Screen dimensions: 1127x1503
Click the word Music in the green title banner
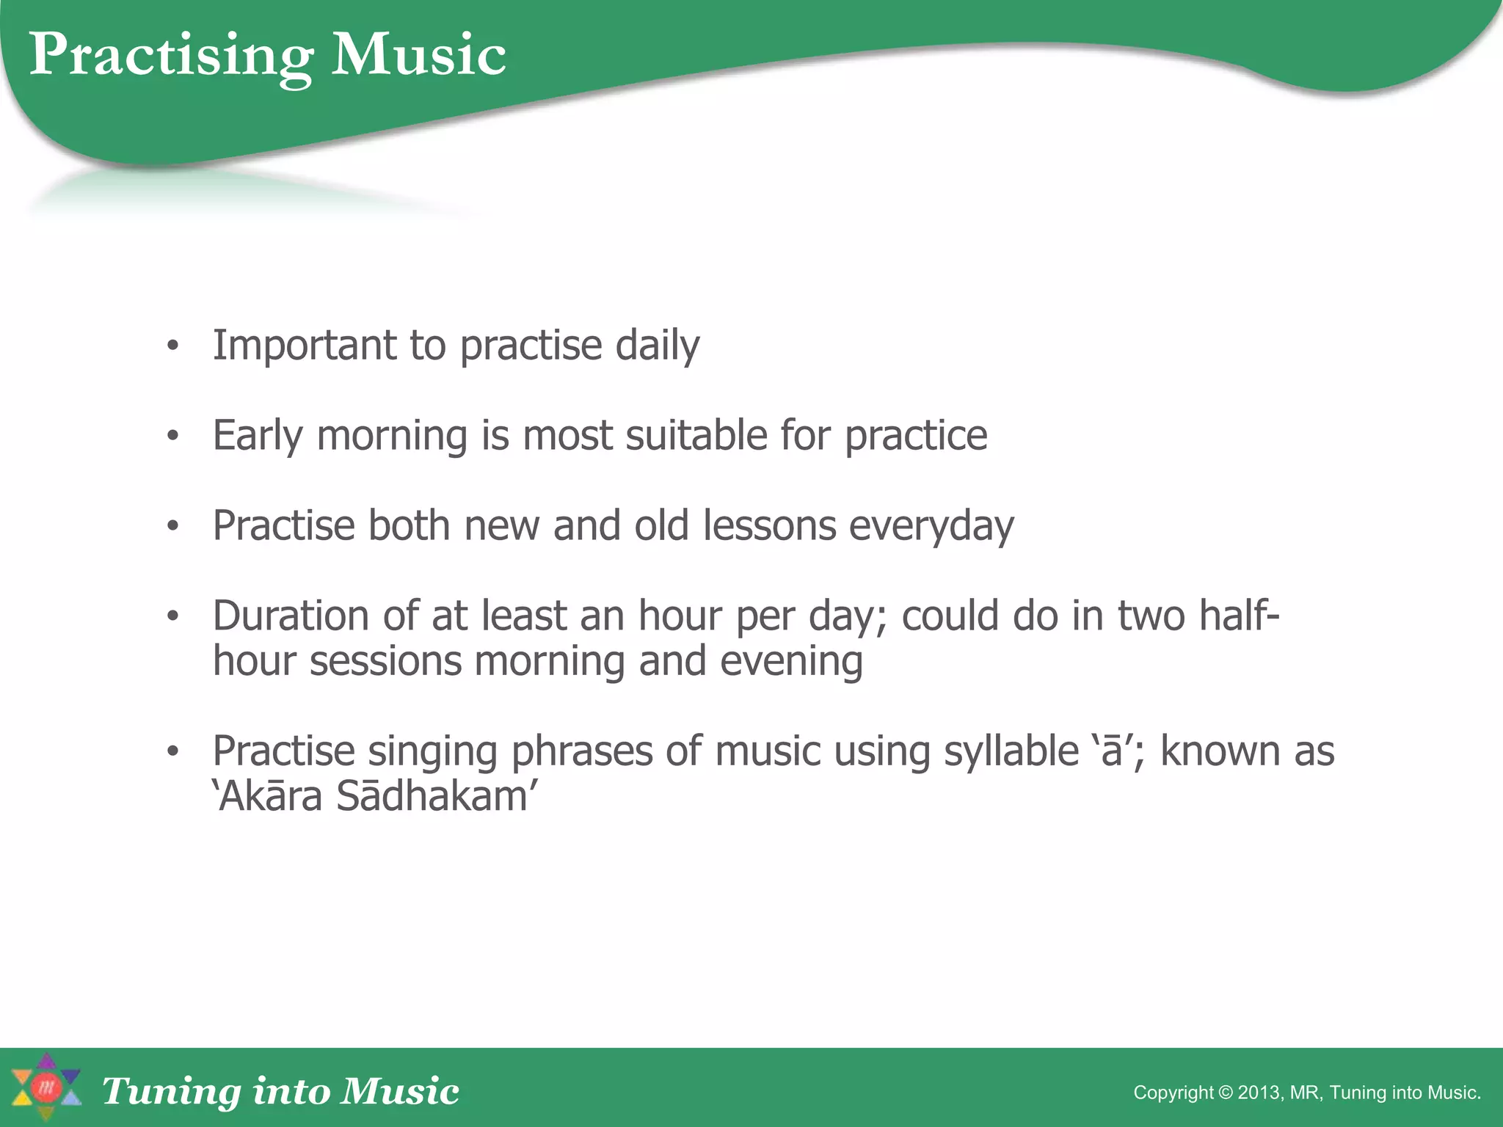[x=418, y=55]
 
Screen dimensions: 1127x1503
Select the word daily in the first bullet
[x=657, y=346]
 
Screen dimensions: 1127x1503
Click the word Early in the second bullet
[x=258, y=436]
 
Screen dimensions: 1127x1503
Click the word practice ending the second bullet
[x=916, y=436]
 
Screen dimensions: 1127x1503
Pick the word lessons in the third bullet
[x=769, y=526]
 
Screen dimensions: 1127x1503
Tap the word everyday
[x=931, y=526]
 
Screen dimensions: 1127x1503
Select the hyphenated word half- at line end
[x=1239, y=616]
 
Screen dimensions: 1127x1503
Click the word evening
[x=790, y=661]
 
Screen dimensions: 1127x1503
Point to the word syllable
[x=1011, y=751]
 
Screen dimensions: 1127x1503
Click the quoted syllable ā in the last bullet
[x=1113, y=753]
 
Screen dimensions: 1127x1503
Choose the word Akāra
[x=270, y=797]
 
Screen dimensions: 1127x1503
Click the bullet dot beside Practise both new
[x=172, y=526]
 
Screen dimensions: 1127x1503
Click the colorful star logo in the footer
[x=46, y=1087]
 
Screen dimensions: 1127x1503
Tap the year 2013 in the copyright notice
[x=1260, y=1093]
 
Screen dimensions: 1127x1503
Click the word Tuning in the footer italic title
[x=171, y=1091]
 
